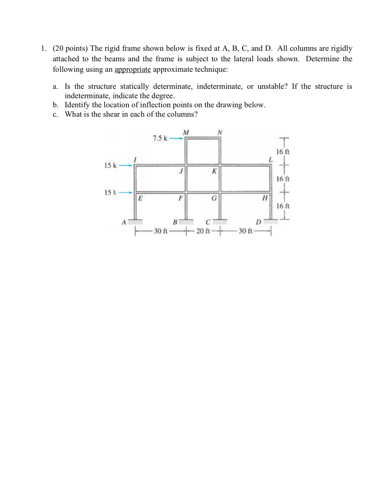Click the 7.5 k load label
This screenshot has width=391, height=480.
click(160, 138)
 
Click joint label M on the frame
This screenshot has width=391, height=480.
click(186, 132)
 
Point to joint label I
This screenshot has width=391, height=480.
click(135, 159)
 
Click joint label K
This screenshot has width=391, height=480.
click(214, 171)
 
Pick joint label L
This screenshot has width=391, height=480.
click(270, 159)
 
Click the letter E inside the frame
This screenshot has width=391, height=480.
click(140, 198)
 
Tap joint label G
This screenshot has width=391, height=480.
click(214, 198)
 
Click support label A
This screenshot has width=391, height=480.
click(123, 222)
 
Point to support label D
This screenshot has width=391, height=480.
click(258, 221)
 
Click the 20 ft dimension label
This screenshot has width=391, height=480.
click(203, 231)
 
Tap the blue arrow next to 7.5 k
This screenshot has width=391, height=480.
click(177, 138)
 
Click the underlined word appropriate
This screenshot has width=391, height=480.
click(133, 69)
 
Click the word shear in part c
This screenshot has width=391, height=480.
click(112, 114)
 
